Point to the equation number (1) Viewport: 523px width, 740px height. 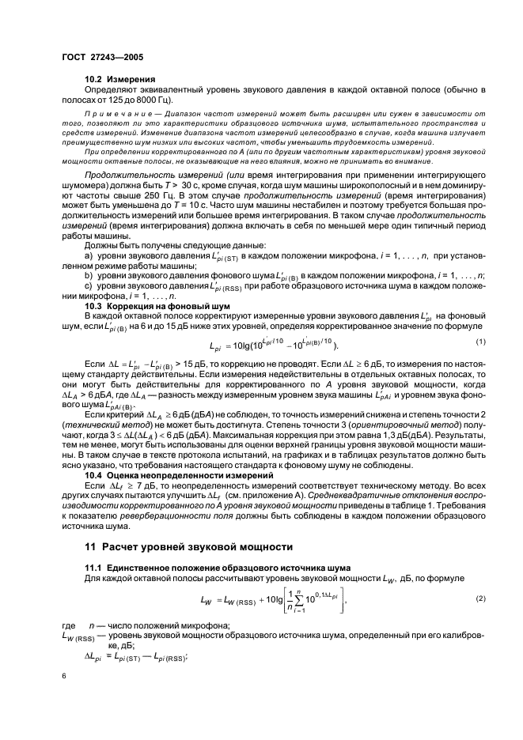coord(479,341)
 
